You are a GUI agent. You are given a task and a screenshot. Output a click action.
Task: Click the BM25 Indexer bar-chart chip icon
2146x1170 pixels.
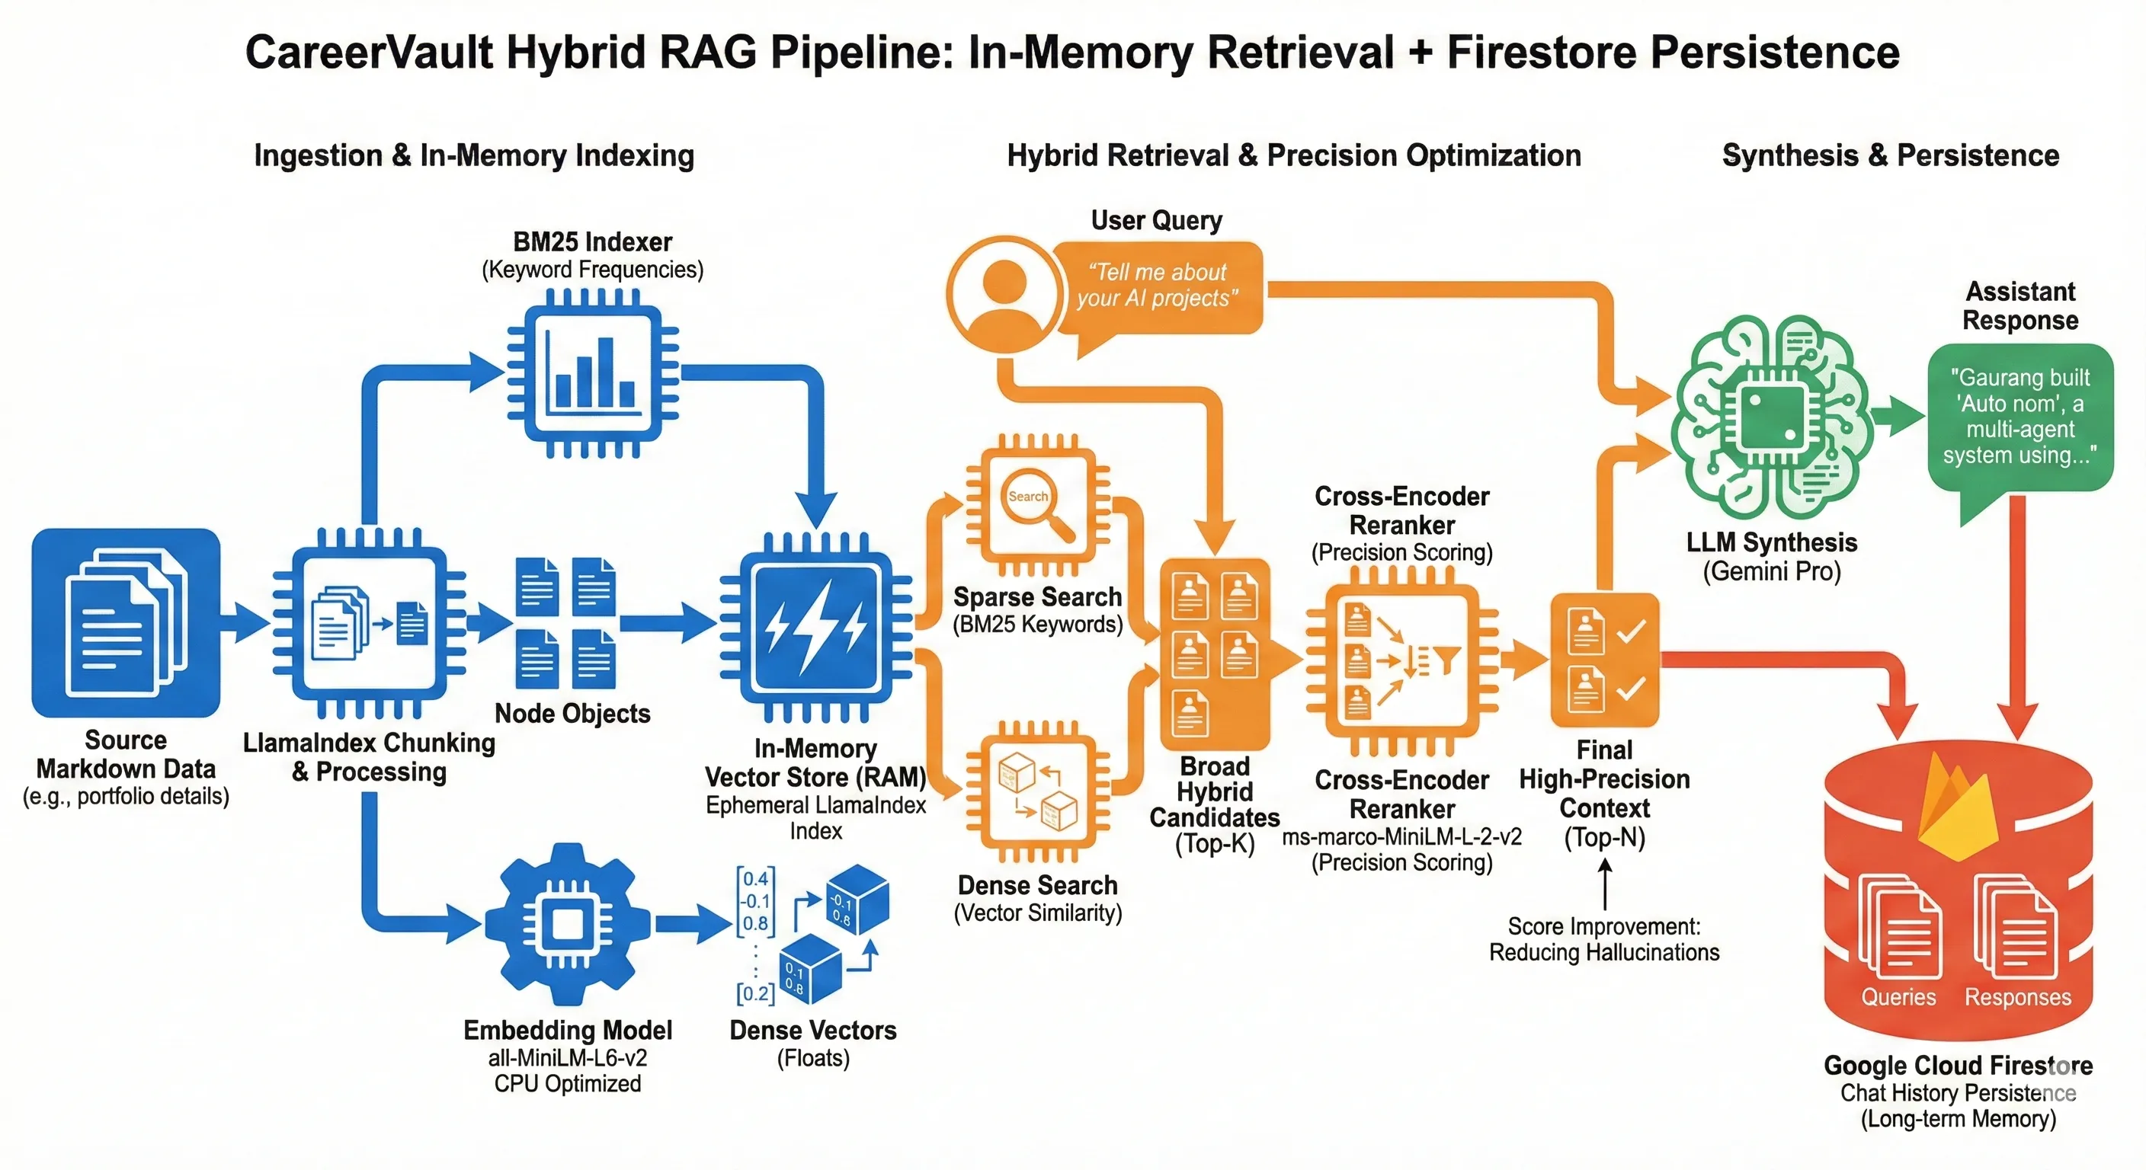pyautogui.click(x=592, y=373)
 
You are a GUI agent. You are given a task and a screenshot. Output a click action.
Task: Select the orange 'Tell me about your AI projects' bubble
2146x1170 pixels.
pyautogui.click(x=1158, y=286)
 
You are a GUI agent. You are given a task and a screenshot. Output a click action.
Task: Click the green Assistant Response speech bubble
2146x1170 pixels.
pyautogui.click(x=2019, y=417)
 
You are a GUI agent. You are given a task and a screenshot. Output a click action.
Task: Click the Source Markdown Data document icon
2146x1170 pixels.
pyautogui.click(x=126, y=622)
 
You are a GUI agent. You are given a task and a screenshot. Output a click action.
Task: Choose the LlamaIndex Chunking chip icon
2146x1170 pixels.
pyautogui.click(x=369, y=623)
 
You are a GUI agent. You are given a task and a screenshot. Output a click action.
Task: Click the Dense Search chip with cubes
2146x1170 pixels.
pyautogui.click(x=1037, y=791)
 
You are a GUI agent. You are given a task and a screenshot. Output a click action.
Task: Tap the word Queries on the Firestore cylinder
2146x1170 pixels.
pyautogui.click(x=1898, y=997)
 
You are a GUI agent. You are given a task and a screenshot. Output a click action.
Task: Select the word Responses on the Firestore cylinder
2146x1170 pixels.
pyautogui.click(x=2017, y=997)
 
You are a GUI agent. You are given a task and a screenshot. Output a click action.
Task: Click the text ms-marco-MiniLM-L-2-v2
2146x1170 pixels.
pyautogui.click(x=1401, y=836)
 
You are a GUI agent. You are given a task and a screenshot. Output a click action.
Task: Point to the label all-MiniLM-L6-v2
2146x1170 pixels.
pyautogui.click(x=567, y=1057)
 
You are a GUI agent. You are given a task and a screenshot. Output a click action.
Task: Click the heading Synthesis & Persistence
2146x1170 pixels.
pyautogui.click(x=1890, y=155)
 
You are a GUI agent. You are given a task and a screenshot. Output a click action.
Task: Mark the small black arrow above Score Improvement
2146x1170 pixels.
pyautogui.click(x=1604, y=884)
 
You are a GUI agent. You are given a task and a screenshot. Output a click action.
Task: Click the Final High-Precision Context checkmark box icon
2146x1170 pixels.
pyautogui.click(x=1603, y=660)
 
